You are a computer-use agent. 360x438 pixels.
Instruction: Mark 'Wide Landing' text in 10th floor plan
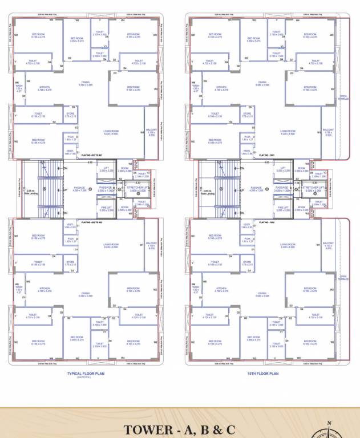click(207, 193)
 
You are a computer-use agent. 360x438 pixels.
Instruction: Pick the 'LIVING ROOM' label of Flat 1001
click(288, 132)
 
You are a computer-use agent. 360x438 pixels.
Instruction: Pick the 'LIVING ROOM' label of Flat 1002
click(288, 245)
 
